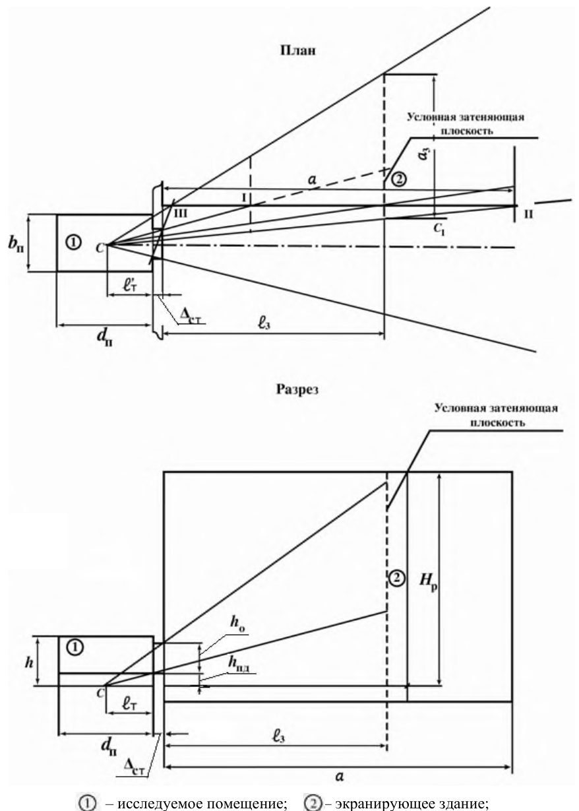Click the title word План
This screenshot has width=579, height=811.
pos(297,50)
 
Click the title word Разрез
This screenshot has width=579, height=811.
pos(297,389)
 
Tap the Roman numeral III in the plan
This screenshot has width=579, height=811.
pos(181,214)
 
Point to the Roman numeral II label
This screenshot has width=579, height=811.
pos(528,214)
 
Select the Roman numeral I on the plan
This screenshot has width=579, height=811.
pos(245,198)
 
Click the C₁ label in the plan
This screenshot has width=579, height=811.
pos(440,228)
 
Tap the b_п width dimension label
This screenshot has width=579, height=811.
pos(16,245)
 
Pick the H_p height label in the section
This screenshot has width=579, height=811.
pos(429,582)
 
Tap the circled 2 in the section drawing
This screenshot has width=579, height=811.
pos(396,578)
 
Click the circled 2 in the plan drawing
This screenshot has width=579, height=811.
pos(400,179)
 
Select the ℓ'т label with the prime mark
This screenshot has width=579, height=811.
pos(130,286)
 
